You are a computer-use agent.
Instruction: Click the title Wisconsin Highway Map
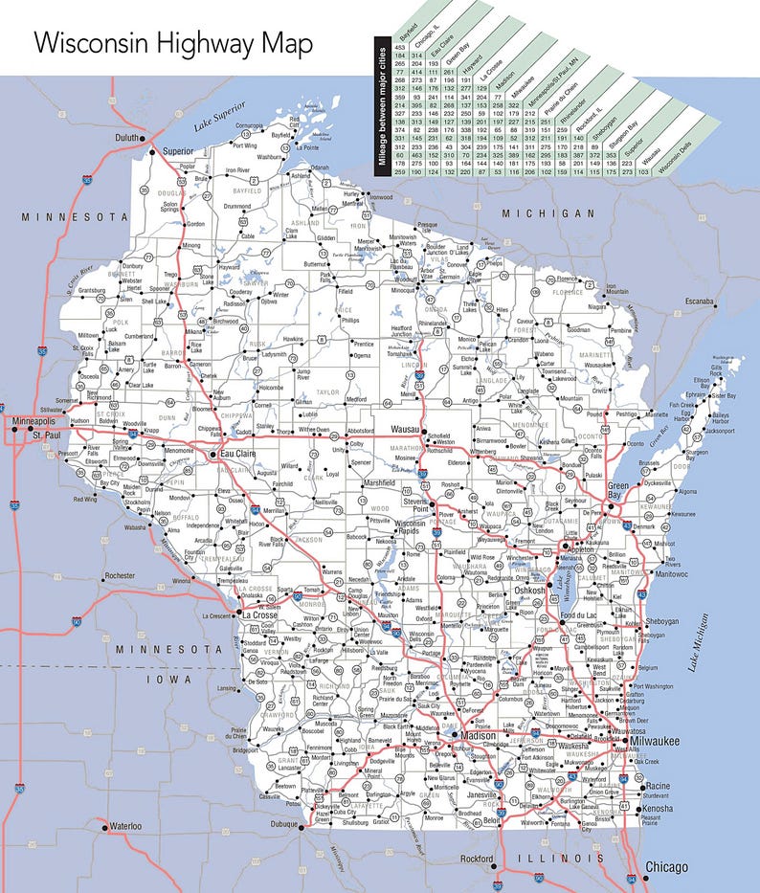tap(172, 44)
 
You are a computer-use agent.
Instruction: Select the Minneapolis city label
tap(34, 421)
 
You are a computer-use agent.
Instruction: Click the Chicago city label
tap(666, 867)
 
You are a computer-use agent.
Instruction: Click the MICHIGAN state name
tap(548, 212)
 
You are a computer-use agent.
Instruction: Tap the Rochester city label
tap(122, 576)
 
